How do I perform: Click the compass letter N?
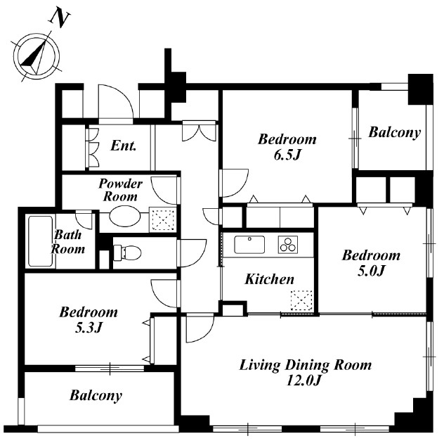pyautogui.click(x=60, y=19)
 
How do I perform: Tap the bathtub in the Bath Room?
pyautogui.click(x=41, y=241)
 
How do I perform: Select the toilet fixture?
pyautogui.click(x=128, y=252)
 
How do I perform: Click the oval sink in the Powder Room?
pyautogui.click(x=124, y=217)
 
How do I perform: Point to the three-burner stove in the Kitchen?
pyautogui.click(x=288, y=245)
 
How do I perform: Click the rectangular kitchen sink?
pyautogui.click(x=249, y=245)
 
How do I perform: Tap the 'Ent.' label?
pyautogui.click(x=123, y=146)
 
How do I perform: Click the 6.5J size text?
pyautogui.click(x=287, y=155)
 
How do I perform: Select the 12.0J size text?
pyautogui.click(x=304, y=380)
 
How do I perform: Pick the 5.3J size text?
pyautogui.click(x=89, y=328)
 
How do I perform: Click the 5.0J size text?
pyautogui.click(x=371, y=271)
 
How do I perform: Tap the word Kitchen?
pyautogui.click(x=269, y=279)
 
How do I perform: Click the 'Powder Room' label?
pyautogui.click(x=120, y=190)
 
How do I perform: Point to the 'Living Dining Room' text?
pyautogui.click(x=306, y=365)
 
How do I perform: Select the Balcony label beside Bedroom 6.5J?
pyautogui.click(x=395, y=132)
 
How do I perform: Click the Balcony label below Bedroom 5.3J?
pyautogui.click(x=96, y=395)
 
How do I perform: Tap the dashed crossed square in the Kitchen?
pyautogui.click(x=301, y=300)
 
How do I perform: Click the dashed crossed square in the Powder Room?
pyautogui.click(x=163, y=220)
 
